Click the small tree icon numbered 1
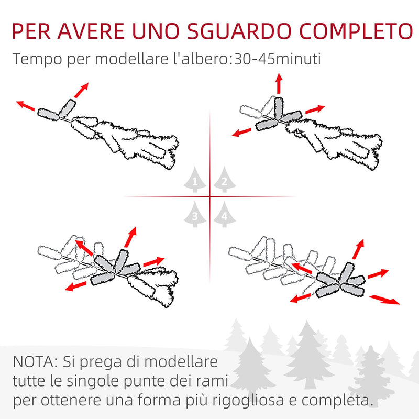[x=195, y=180]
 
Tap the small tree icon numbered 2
[x=224, y=180]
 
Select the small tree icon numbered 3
[x=195, y=214]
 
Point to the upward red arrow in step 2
[x=279, y=84]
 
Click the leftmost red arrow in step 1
[x=26, y=106]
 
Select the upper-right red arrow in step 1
[x=81, y=90]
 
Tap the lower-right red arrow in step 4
[x=384, y=300]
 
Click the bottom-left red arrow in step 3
[x=76, y=285]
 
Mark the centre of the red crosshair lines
[x=210, y=197]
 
